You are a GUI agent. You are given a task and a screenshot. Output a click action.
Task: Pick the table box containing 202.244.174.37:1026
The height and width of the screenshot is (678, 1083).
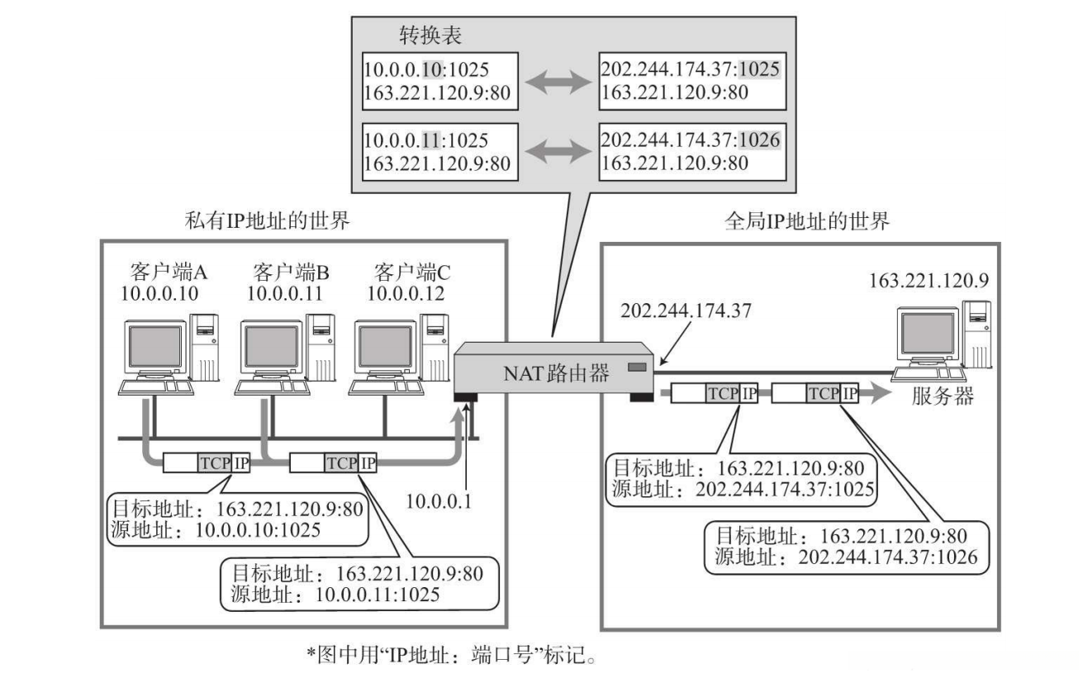coord(690,152)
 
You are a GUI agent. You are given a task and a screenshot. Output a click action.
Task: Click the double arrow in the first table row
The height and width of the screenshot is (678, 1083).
coord(558,82)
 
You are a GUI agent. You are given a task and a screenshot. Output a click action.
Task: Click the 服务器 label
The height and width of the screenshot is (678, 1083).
coord(943,395)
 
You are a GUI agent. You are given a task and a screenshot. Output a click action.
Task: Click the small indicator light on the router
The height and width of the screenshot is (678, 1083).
coord(637,366)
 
